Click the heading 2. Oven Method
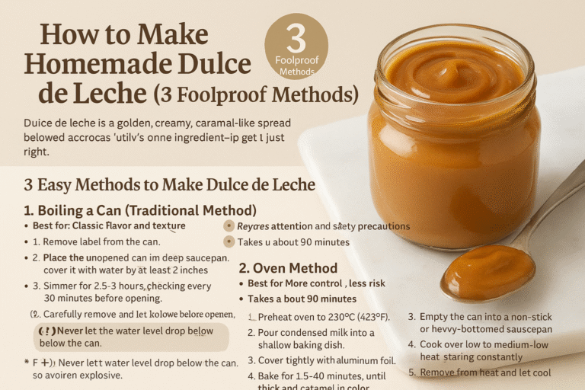[x=288, y=267]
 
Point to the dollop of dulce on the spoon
[x=487, y=270]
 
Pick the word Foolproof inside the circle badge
[x=296, y=60]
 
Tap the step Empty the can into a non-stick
[x=491, y=316]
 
